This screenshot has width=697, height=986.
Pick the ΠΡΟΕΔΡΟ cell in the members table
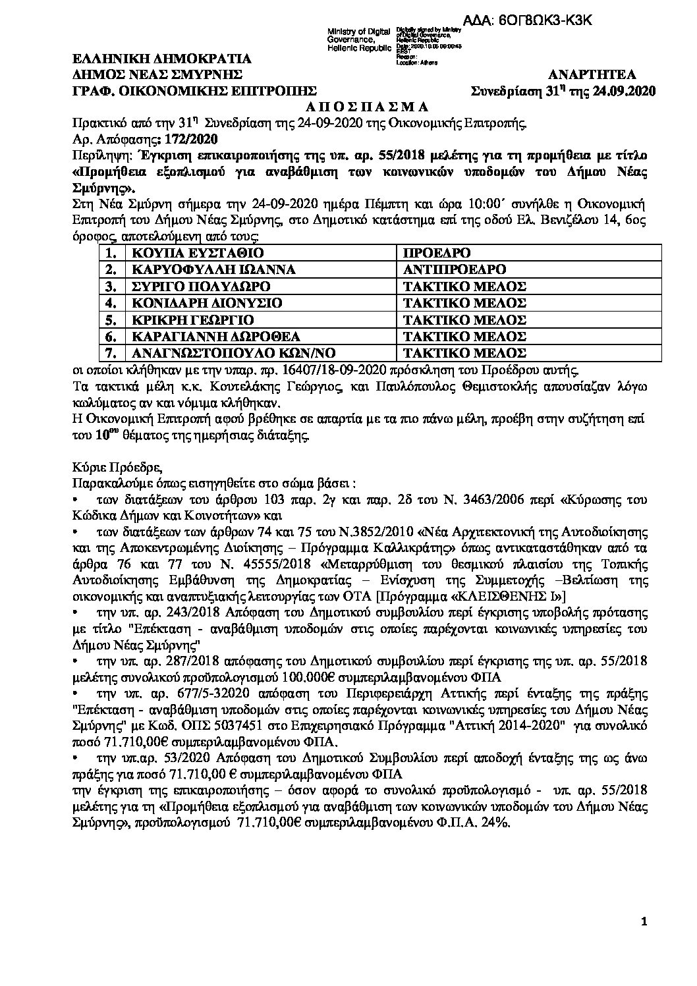[438, 254]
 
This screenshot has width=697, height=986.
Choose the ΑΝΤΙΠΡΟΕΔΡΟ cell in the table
[455, 270]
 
